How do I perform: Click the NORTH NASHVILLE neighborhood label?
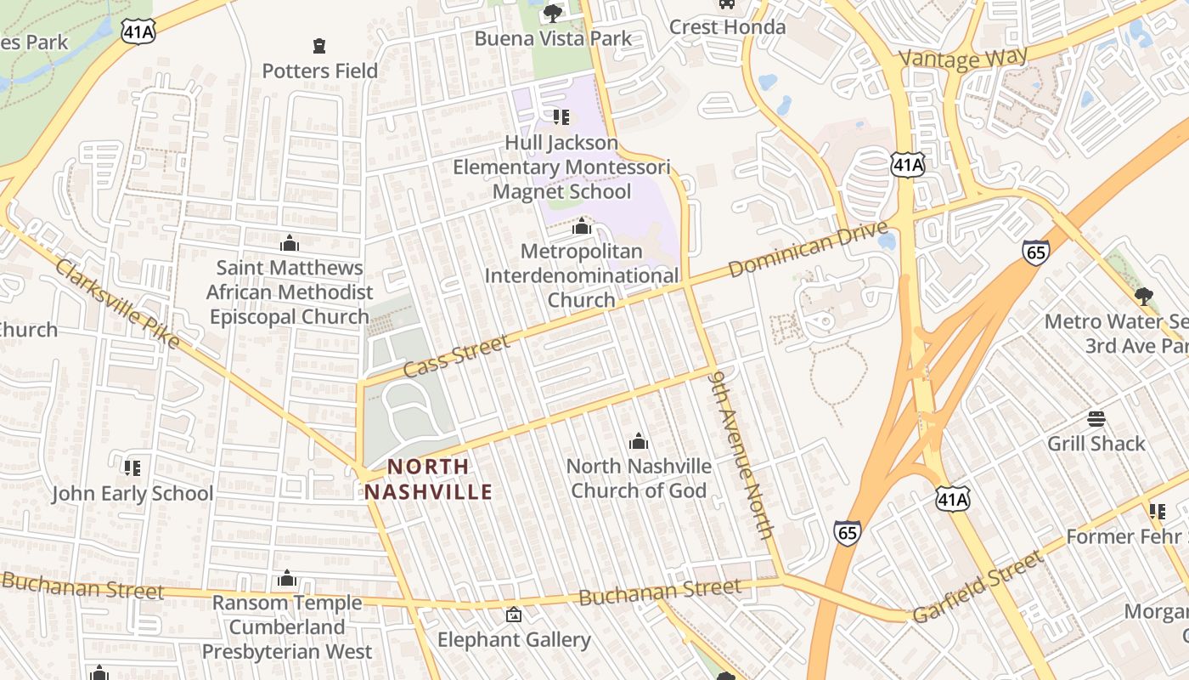tap(429, 479)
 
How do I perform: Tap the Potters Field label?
tap(319, 71)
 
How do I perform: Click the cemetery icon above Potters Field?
tap(319, 45)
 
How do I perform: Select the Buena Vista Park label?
tap(553, 38)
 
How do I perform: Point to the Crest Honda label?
tap(727, 27)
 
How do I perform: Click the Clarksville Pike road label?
tap(118, 303)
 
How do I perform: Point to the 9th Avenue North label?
tap(743, 453)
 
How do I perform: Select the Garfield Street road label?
tap(977, 586)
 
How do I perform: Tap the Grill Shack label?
tap(1096, 443)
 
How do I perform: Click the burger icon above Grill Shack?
tap(1096, 419)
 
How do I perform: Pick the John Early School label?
tap(132, 493)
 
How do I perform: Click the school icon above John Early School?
tap(132, 467)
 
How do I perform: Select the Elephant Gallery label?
tap(514, 639)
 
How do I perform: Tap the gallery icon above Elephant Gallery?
tap(514, 615)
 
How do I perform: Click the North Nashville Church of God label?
tap(639, 478)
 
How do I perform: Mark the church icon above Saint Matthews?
tap(289, 244)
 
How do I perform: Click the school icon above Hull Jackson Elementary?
tap(561, 116)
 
